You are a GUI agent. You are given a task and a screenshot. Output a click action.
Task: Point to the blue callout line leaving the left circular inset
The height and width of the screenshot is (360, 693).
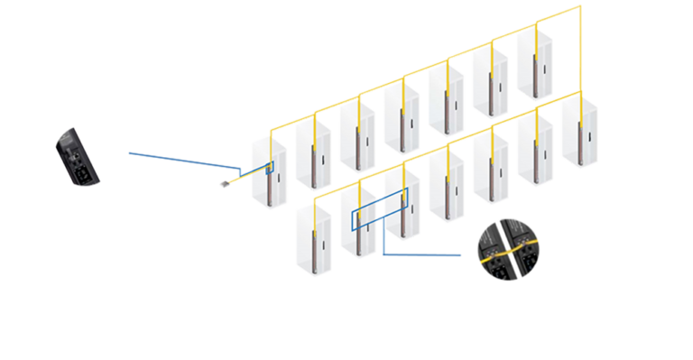pyautogui.click(x=180, y=158)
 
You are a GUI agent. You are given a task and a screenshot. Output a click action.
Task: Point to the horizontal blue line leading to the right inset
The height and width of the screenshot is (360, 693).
pyautogui.click(x=424, y=254)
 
